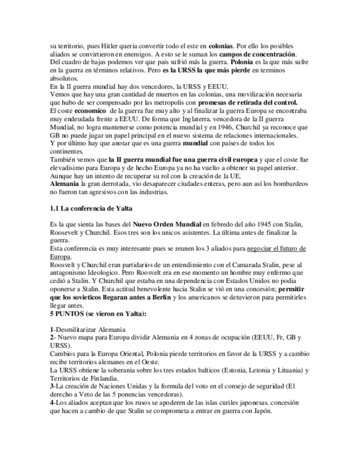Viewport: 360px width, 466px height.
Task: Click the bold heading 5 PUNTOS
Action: (68, 314)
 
